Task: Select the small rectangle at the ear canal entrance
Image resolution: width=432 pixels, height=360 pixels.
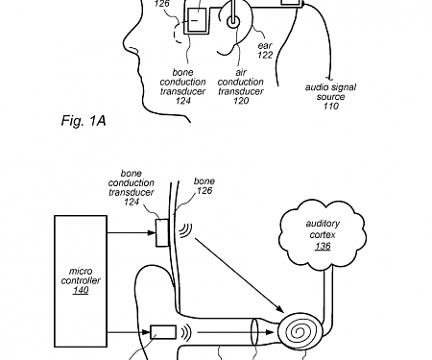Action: (164, 334)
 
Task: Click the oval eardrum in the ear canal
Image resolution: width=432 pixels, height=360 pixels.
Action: (252, 333)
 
